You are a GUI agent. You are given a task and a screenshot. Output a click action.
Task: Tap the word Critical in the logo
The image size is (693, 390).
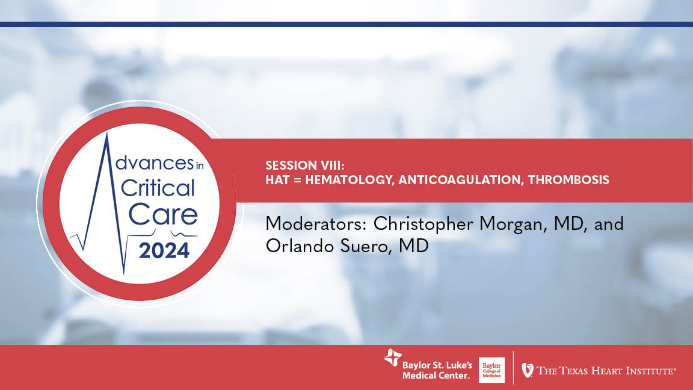158,188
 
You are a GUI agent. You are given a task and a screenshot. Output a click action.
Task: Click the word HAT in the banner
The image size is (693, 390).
277,180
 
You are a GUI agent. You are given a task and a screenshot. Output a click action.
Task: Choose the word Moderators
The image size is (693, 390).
316,224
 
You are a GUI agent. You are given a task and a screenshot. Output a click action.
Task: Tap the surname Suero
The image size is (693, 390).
364,247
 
